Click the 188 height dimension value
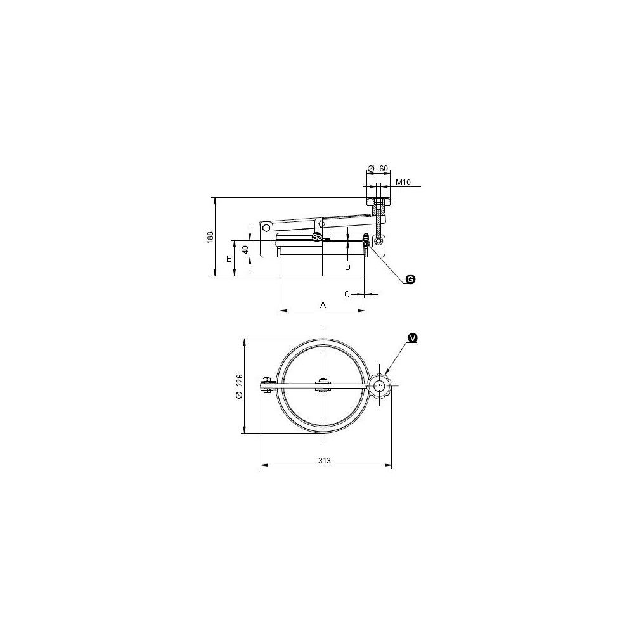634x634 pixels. click(x=210, y=237)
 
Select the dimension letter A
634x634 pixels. click(x=323, y=305)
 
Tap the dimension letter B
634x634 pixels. click(x=229, y=259)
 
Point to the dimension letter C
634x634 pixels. click(x=347, y=294)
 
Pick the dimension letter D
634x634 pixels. click(x=347, y=267)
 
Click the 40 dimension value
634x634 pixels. click(x=245, y=249)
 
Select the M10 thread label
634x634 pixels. click(x=403, y=183)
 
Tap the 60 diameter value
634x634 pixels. click(x=384, y=169)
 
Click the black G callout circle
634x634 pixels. click(x=410, y=279)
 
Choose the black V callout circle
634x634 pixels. click(x=413, y=338)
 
